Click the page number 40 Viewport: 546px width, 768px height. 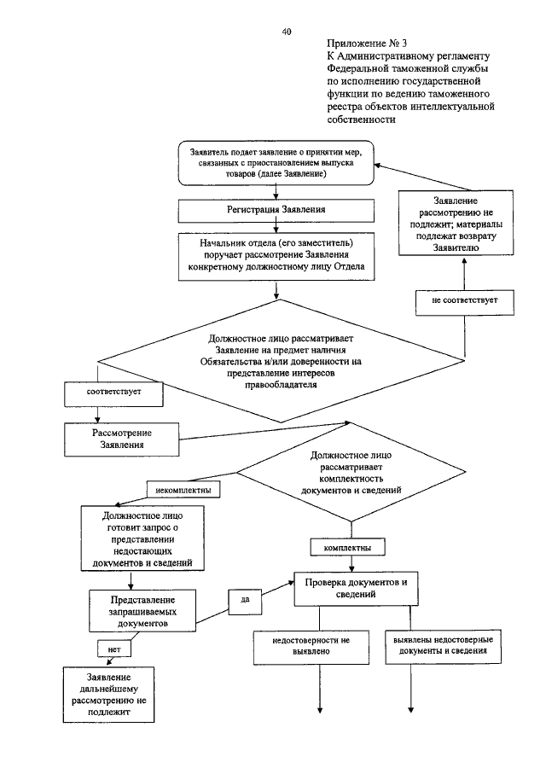287,32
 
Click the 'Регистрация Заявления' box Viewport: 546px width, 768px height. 276,210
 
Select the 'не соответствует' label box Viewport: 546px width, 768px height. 465,303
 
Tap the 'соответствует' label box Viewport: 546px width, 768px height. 113,393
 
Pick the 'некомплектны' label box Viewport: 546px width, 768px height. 183,489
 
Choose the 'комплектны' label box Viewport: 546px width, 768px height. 347,547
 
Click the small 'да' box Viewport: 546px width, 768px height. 245,601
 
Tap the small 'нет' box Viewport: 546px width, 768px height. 114,649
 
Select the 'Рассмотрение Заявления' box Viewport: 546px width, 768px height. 121,439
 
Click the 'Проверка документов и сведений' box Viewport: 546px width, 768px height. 356,588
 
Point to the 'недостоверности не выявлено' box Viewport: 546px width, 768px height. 311,647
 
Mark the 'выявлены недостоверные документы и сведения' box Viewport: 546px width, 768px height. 443,647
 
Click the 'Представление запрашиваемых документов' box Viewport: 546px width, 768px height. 142,611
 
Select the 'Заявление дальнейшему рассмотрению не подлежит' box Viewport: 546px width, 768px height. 108,695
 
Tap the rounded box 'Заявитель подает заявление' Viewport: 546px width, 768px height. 276,163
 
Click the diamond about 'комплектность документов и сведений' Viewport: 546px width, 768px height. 351,472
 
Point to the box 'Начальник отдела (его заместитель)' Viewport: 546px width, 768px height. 276,257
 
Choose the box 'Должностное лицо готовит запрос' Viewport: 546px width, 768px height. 142,538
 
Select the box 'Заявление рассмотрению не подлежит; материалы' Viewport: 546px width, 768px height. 456,223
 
